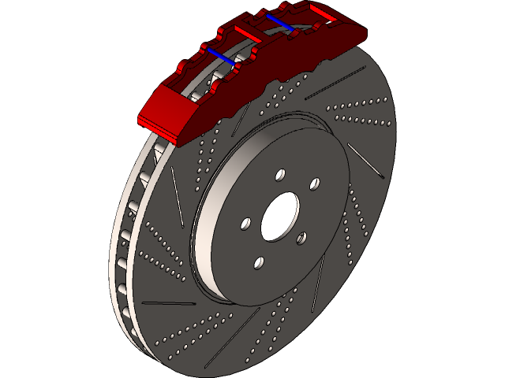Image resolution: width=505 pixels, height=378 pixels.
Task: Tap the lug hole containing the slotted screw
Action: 314,184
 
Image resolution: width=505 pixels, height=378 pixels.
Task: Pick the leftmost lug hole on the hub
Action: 246,224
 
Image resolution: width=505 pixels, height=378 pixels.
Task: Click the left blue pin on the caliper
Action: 219,54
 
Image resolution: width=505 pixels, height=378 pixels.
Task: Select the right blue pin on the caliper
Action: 280,23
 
